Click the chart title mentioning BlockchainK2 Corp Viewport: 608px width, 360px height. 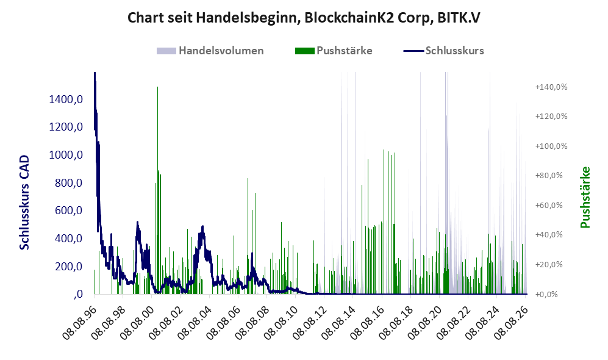304,18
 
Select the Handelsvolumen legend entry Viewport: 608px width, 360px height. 210,51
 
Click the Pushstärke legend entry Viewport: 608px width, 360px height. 334,51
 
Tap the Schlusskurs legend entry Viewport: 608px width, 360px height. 443,51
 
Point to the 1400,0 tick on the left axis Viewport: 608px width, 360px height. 66,99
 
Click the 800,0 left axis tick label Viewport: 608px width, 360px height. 69,182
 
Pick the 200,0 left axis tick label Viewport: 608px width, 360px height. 69,267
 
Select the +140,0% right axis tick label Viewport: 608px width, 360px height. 551,87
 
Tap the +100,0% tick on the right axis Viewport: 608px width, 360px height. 551,146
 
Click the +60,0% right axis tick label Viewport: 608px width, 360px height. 549,205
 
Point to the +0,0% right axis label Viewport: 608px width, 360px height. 546,295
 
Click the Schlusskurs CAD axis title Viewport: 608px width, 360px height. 24,203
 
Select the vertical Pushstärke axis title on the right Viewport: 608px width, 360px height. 585,198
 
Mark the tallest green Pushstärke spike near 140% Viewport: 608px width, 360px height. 157,190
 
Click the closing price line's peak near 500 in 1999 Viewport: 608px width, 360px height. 137,222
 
